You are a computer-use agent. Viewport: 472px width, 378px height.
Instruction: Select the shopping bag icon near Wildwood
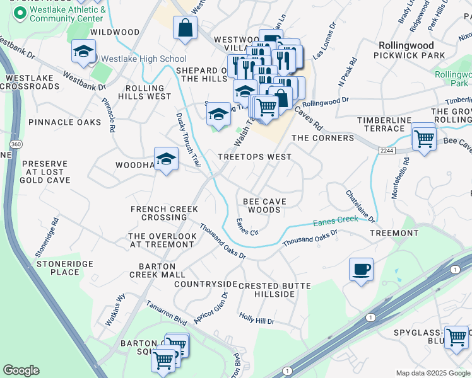tap(185, 28)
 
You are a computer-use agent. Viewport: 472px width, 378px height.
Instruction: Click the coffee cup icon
tap(361, 270)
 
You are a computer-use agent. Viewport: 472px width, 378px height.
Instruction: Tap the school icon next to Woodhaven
tap(166, 159)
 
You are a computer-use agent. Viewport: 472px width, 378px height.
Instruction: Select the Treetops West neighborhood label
tap(254, 157)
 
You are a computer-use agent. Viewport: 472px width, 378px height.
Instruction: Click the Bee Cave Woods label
tap(264, 205)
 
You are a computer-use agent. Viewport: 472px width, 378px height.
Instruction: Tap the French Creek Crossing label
tap(164, 213)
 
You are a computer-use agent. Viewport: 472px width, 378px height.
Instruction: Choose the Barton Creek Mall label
tap(157, 270)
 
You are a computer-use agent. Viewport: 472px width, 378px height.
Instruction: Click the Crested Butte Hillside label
tap(274, 290)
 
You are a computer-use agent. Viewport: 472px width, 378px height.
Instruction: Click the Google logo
tap(21, 370)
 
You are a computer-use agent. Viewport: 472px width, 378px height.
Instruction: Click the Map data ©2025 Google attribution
tap(432, 372)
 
